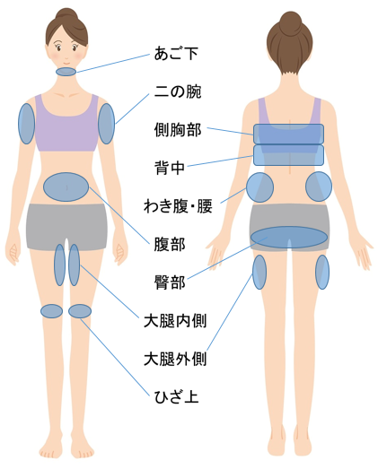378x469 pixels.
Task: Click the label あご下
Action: pyautogui.click(x=176, y=54)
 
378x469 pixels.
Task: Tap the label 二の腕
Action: pyautogui.click(x=178, y=91)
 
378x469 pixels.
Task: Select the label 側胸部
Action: pyautogui.click(x=178, y=130)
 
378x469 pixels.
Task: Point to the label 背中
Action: pyautogui.click(x=170, y=168)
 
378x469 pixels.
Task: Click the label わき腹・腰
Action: pyautogui.click(x=178, y=206)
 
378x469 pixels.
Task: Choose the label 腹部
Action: pyautogui.click(x=170, y=244)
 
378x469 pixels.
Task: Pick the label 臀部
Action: pyautogui.click(x=170, y=282)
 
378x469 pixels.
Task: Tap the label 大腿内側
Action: pyautogui.click(x=175, y=321)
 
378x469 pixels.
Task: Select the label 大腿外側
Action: pyautogui.click(x=175, y=359)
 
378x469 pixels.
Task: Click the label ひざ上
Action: pyautogui.click(x=176, y=397)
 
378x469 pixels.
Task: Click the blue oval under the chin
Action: pyautogui.click(x=66, y=72)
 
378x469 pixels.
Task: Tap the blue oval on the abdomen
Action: pyautogui.click(x=66, y=187)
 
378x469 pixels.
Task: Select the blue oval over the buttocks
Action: pyautogui.click(x=289, y=238)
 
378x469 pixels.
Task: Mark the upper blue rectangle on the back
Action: pyautogui.click(x=289, y=134)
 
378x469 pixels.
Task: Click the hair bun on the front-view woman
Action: pyautogui.click(x=66, y=15)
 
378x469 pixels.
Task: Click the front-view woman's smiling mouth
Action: pyautogui.click(x=66, y=64)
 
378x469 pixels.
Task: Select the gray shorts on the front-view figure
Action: pyautogui.click(x=66, y=226)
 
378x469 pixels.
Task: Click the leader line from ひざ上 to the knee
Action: pyautogui.click(x=115, y=357)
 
